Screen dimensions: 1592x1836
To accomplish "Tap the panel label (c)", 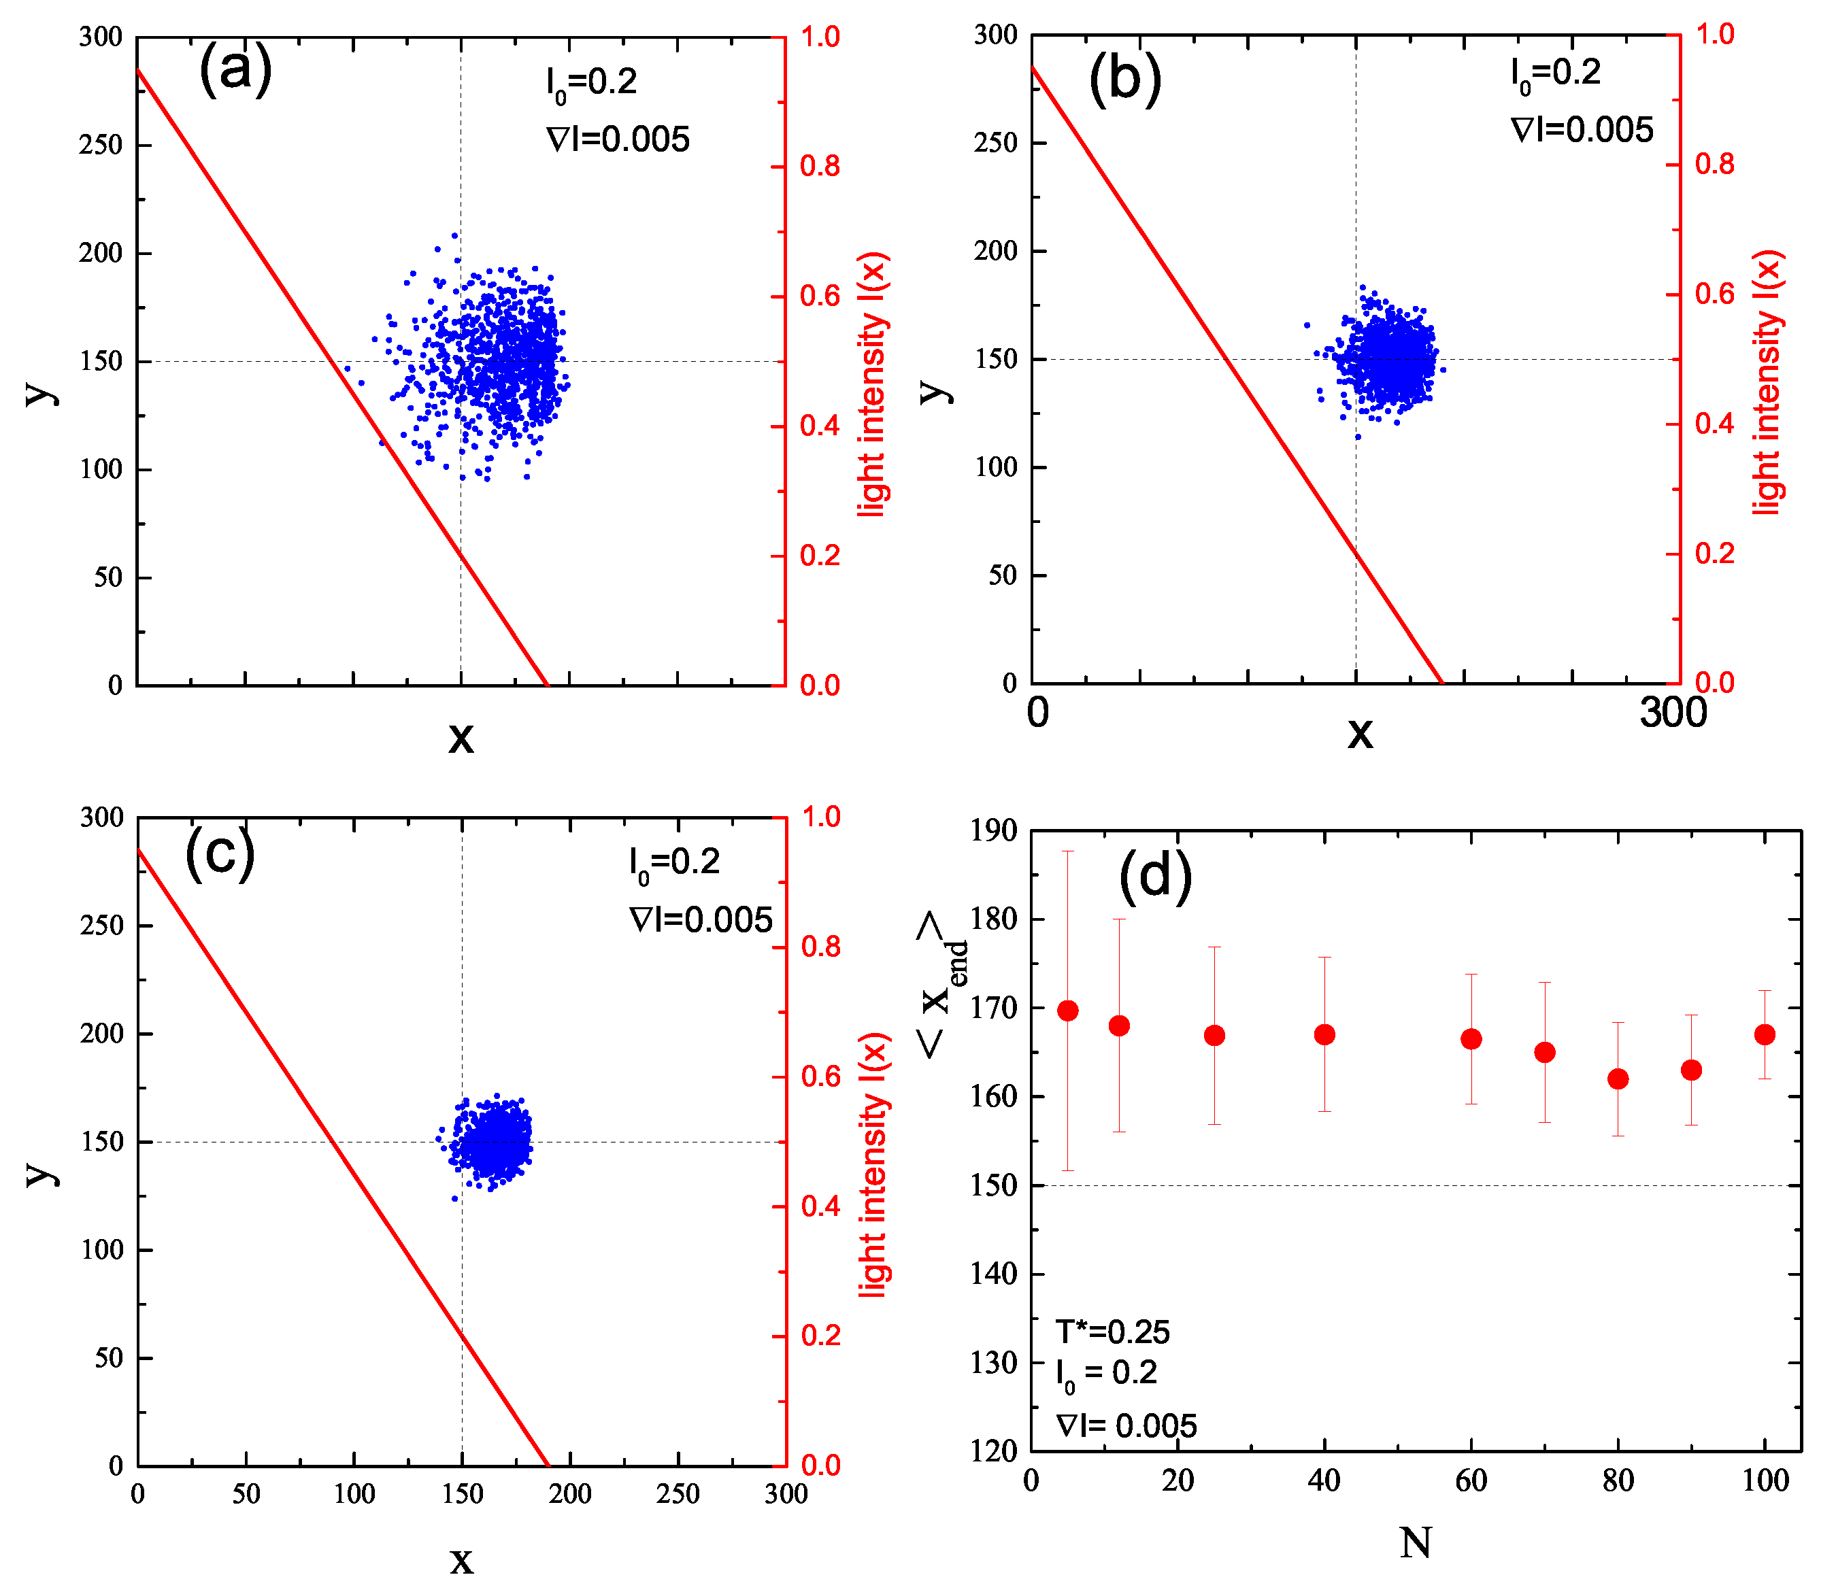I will click(x=220, y=852).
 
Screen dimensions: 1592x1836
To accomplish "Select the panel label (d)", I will click(x=1154, y=875).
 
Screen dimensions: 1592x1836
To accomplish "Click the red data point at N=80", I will click(x=1618, y=1079).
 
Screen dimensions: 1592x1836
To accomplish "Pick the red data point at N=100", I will click(x=1764, y=1034).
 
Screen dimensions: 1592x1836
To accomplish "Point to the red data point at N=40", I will click(x=1324, y=1034).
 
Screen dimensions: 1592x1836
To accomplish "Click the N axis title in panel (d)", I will click(x=1415, y=1542).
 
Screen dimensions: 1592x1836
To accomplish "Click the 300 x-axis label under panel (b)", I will click(x=1673, y=713).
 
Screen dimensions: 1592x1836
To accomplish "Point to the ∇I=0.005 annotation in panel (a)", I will click(x=618, y=139).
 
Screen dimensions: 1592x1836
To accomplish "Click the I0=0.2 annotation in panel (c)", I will click(x=673, y=864).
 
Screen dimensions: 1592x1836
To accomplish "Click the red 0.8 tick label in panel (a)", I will click(x=819, y=166).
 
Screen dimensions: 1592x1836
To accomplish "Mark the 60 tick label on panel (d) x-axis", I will click(x=1471, y=1480).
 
